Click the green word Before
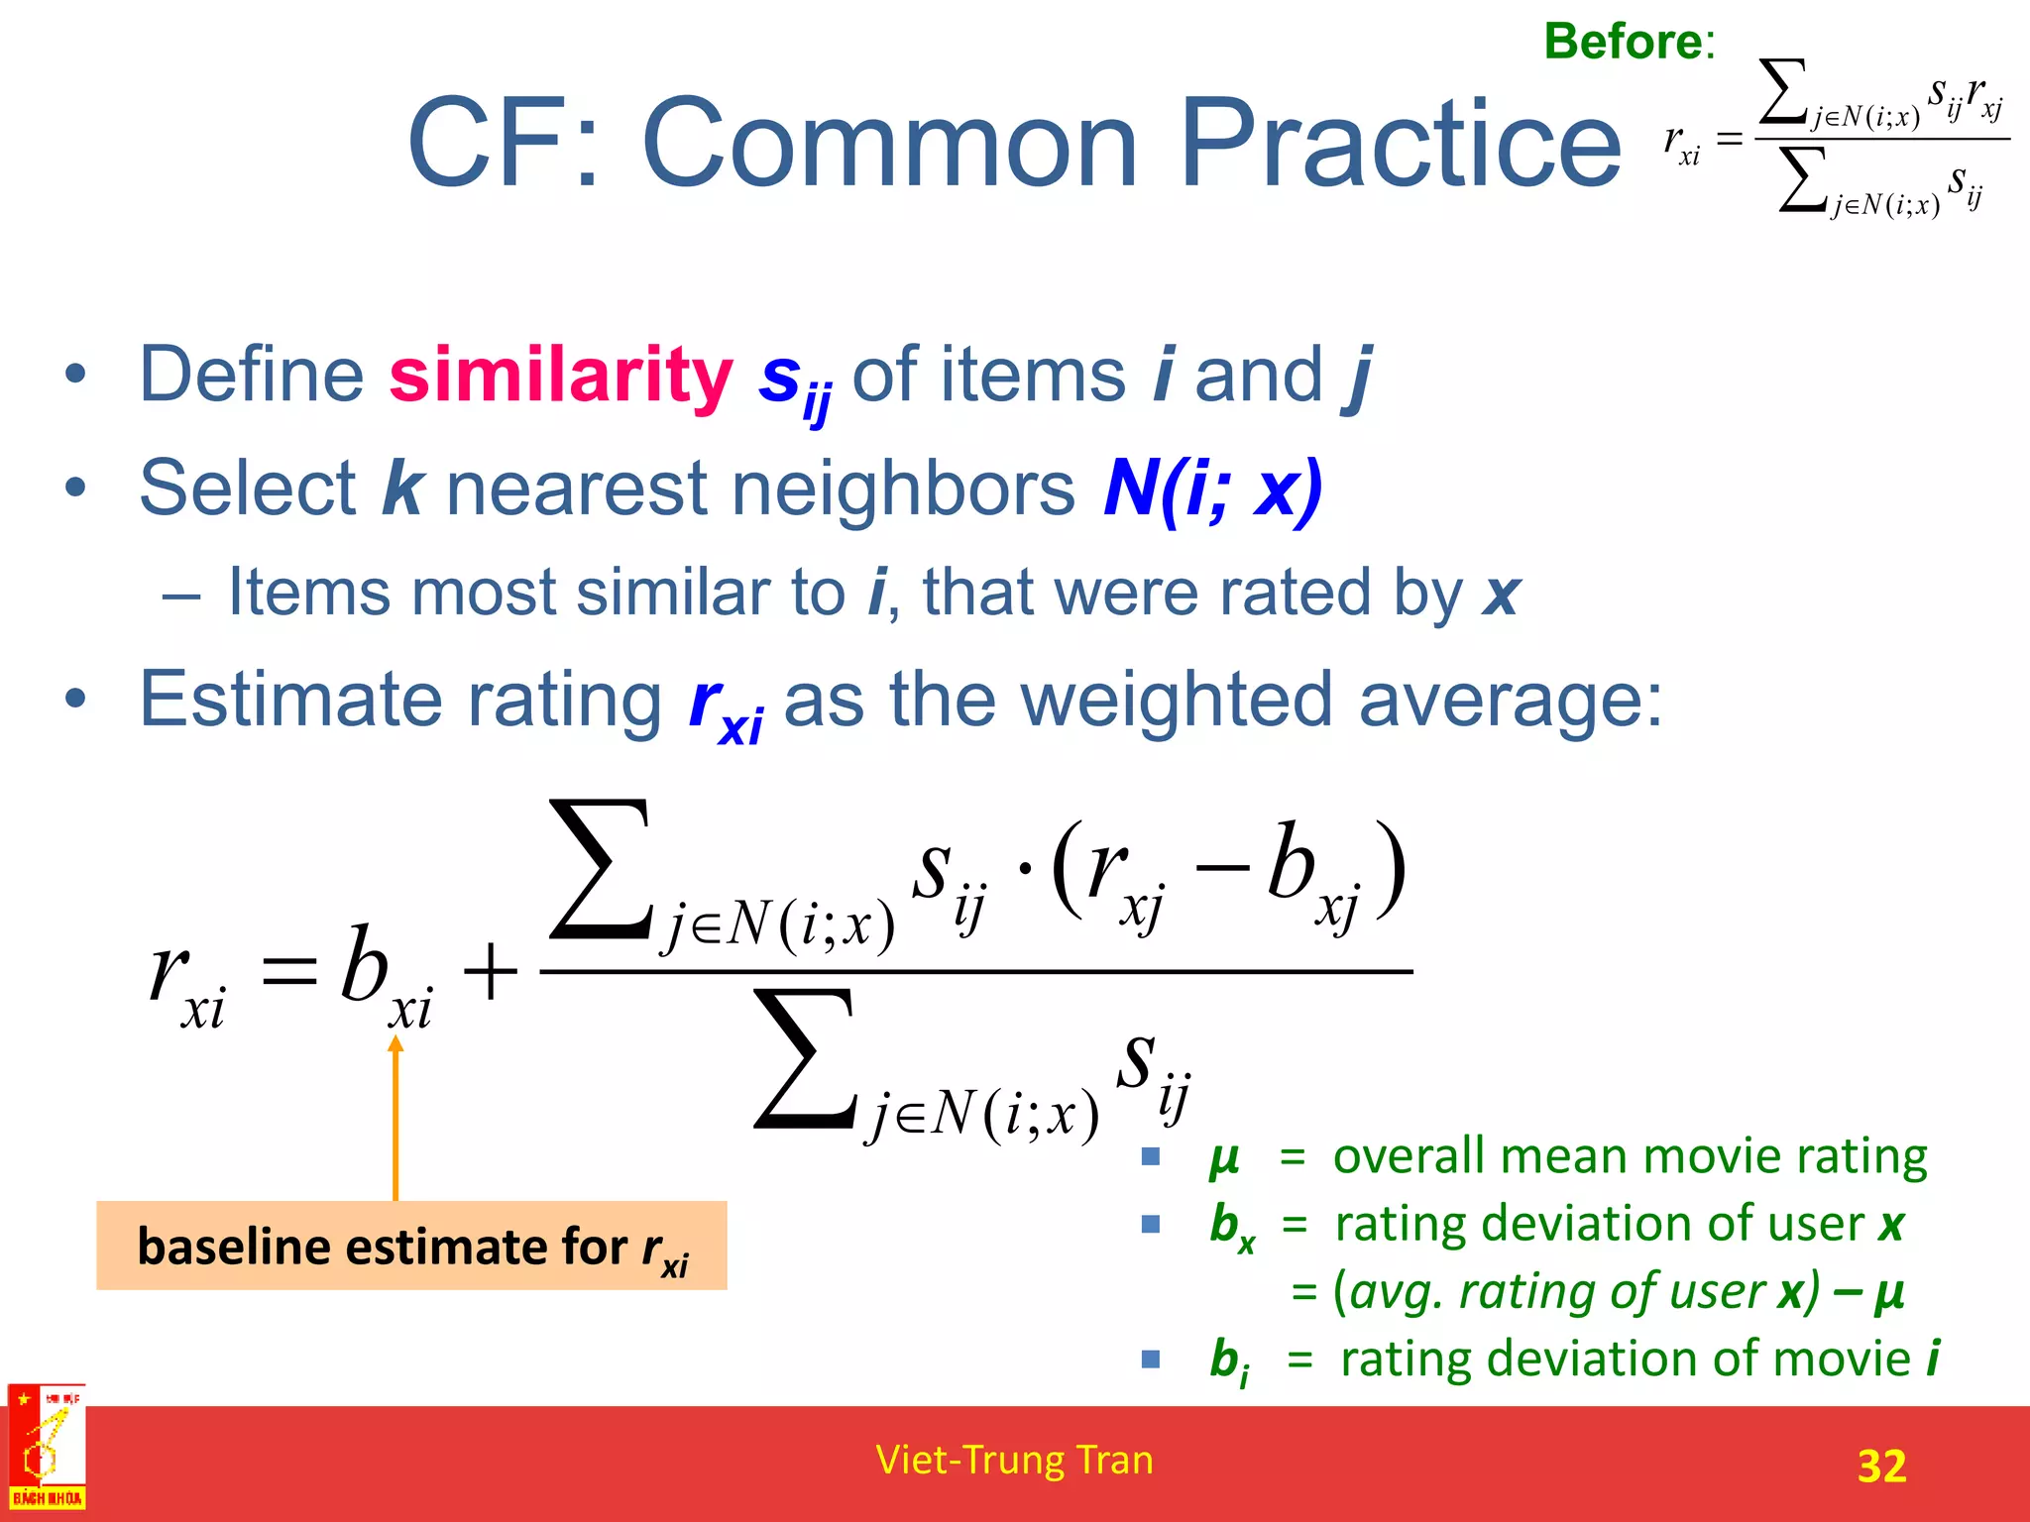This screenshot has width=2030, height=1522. coord(1623,42)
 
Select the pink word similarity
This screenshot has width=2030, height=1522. coord(560,377)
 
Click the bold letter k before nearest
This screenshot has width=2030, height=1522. coord(402,488)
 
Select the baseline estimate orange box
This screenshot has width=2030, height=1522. coord(411,1246)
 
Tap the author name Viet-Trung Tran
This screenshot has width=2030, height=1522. coord(1014,1461)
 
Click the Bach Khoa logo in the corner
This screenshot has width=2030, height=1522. coord(47,1448)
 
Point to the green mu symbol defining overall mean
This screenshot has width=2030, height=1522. coord(1224,1158)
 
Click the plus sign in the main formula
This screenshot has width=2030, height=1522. coord(490,972)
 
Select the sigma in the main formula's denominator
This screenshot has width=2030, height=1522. coord(804,1059)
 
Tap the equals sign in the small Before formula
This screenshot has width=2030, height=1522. coord(1729,140)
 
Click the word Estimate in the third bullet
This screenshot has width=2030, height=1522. coord(289,700)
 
